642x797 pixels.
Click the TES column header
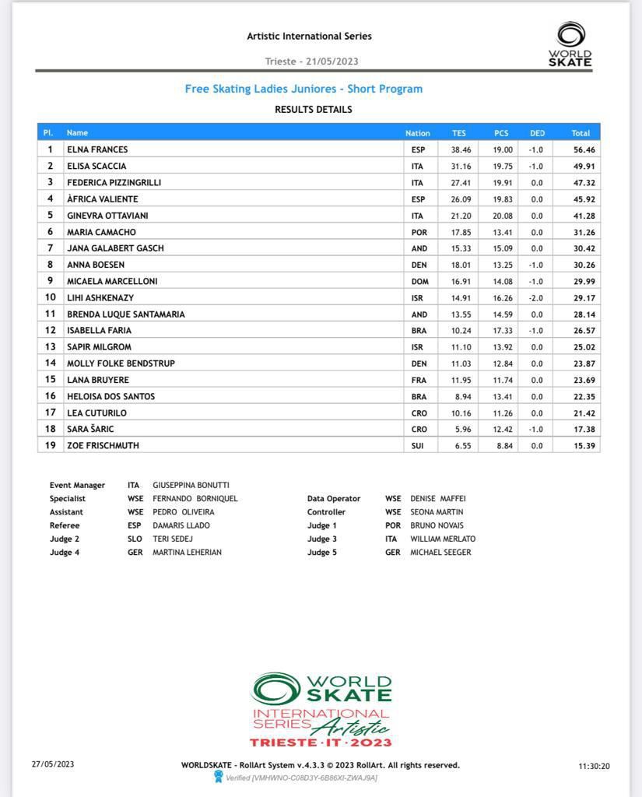[459, 133]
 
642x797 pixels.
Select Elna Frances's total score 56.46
[581, 149]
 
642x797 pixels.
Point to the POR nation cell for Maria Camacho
[419, 232]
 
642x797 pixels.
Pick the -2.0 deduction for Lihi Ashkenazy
[537, 298]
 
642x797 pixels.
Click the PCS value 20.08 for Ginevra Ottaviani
[503, 216]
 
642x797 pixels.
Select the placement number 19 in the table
[50, 445]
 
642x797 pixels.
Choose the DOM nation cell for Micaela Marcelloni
[419, 282]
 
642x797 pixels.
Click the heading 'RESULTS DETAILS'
[313, 110]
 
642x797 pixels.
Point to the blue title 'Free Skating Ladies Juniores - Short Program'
[303, 89]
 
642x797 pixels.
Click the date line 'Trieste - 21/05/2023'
[311, 61]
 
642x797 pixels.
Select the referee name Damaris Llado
[181, 525]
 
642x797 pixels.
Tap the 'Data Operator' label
[334, 499]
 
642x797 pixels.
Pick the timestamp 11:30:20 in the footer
[594, 766]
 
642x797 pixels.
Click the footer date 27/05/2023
[53, 764]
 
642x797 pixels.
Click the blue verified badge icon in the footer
[219, 777]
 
